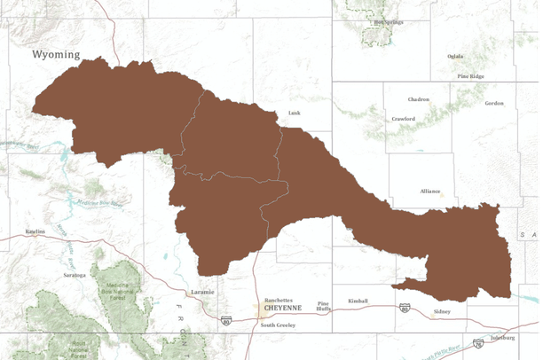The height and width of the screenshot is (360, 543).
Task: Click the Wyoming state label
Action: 56,55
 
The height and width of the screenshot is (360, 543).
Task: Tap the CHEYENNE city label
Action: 282,308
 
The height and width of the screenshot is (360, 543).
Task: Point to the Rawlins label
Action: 35,232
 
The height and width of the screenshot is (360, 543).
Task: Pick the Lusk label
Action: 295,113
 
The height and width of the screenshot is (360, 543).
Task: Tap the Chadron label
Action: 419,99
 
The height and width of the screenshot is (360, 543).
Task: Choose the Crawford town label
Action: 404,119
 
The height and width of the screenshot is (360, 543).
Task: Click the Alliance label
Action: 431,191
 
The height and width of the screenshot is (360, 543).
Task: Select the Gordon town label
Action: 494,103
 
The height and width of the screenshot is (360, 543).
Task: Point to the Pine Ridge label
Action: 470,76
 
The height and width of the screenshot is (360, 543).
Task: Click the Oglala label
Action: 455,56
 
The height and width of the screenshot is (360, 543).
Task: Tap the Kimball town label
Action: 358,301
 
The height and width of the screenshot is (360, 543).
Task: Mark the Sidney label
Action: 442,311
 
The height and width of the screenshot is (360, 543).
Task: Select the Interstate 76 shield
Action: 478,342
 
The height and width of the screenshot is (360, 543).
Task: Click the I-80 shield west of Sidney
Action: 404,308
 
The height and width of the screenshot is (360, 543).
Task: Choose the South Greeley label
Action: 279,325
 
